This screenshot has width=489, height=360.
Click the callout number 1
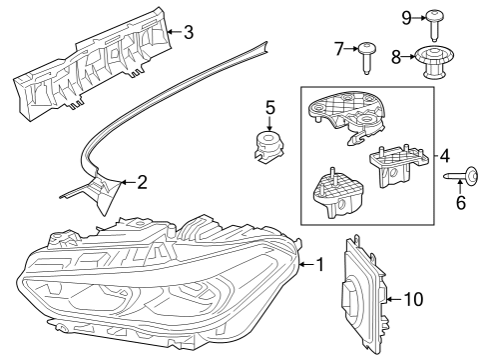(319, 265)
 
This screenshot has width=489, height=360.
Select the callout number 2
(142, 182)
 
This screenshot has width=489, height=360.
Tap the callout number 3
(188, 31)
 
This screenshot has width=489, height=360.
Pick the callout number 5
(268, 106)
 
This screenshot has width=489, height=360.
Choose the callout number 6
(460, 202)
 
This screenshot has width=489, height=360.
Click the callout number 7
(338, 48)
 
